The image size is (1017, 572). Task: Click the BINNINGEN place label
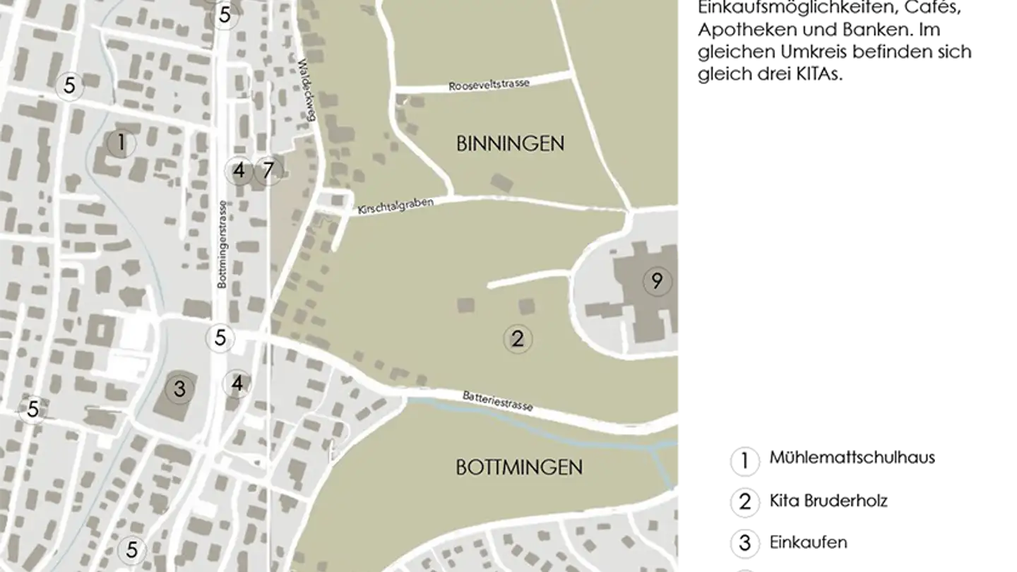[510, 144]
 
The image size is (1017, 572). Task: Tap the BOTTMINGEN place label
[519, 467]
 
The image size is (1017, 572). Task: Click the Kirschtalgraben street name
[395, 206]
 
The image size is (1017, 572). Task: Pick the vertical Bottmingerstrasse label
[222, 244]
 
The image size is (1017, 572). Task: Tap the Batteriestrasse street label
[497, 402]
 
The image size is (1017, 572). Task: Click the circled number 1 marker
[121, 144]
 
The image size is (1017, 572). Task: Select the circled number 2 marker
[518, 339]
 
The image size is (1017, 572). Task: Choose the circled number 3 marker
[179, 388]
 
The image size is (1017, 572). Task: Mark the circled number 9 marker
[657, 282]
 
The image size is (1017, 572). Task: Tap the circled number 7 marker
[268, 170]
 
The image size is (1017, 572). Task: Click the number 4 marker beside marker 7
[239, 170]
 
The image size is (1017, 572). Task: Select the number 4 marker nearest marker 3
[237, 384]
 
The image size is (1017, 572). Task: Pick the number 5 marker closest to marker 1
[69, 86]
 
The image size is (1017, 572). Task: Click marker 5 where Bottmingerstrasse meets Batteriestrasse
[220, 338]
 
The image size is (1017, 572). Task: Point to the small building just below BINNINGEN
[501, 183]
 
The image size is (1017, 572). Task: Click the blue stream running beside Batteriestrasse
[537, 427]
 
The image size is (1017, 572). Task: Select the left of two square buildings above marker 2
[465, 306]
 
